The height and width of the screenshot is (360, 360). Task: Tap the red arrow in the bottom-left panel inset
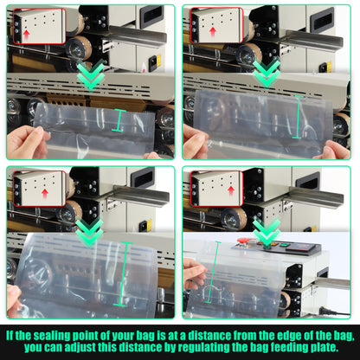[45, 192]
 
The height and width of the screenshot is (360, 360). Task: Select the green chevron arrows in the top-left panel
[89, 80]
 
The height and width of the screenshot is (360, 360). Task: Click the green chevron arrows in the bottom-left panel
[89, 229]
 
